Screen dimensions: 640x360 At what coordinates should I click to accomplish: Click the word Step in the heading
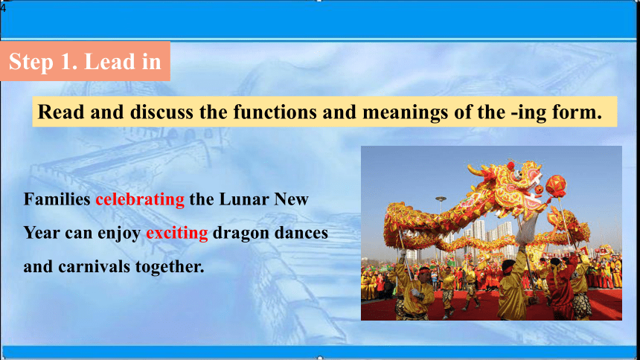[31, 62]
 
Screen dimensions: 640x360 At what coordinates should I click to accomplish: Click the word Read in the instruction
[60, 112]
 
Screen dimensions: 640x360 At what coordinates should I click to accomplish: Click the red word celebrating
[140, 199]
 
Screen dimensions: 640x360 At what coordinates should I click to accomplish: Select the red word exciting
[177, 233]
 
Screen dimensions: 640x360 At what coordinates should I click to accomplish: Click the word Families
[57, 199]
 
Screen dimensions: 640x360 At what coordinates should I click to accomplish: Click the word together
[170, 267]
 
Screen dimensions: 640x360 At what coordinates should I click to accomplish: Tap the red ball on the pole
[556, 186]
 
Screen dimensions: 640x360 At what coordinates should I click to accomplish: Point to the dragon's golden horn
[479, 170]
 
